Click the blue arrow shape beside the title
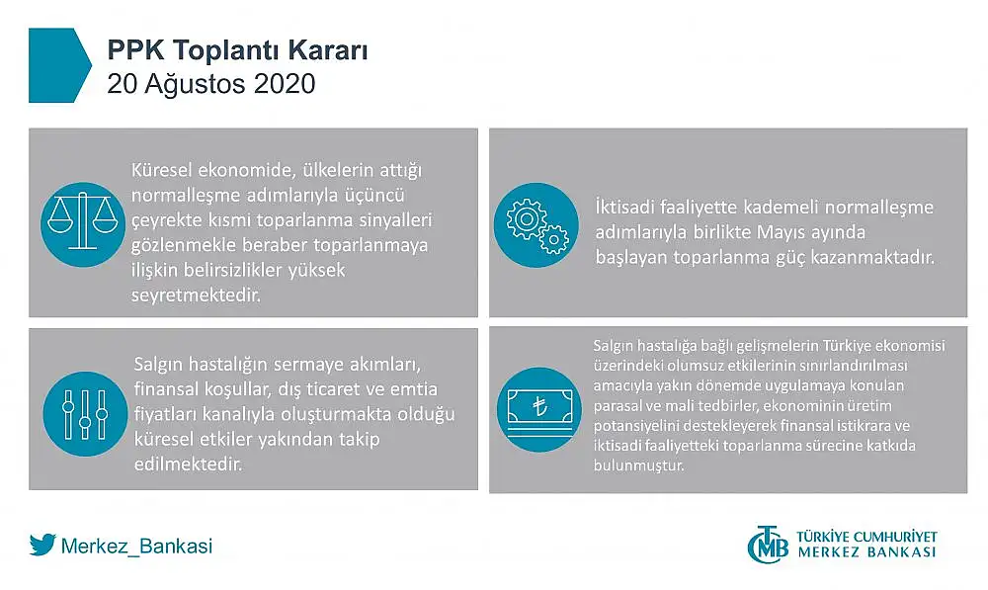pos(56,65)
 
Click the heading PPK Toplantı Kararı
pos(237,50)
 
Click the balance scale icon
pos(83,223)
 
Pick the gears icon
pos(536,225)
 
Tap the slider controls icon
pos(86,414)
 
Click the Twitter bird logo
pos(42,545)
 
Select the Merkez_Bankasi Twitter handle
pos(136,546)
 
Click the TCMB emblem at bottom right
pos(768,544)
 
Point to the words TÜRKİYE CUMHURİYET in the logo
pos(867,537)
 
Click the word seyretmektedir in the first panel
pos(196,295)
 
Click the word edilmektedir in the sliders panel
pos(189,464)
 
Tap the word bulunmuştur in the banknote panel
pos(638,465)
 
